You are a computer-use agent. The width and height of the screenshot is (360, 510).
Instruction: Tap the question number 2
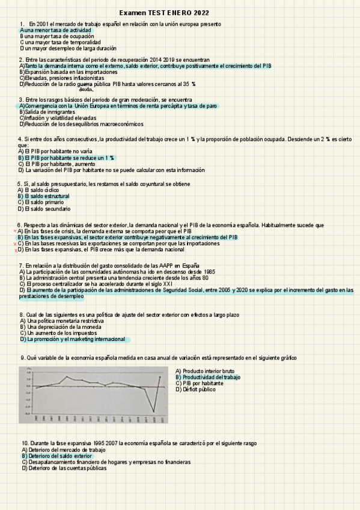coord(21,60)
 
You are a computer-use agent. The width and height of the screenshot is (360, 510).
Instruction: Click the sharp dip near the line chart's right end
coord(154,411)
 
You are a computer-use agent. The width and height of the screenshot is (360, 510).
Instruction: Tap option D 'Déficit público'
coord(199,389)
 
